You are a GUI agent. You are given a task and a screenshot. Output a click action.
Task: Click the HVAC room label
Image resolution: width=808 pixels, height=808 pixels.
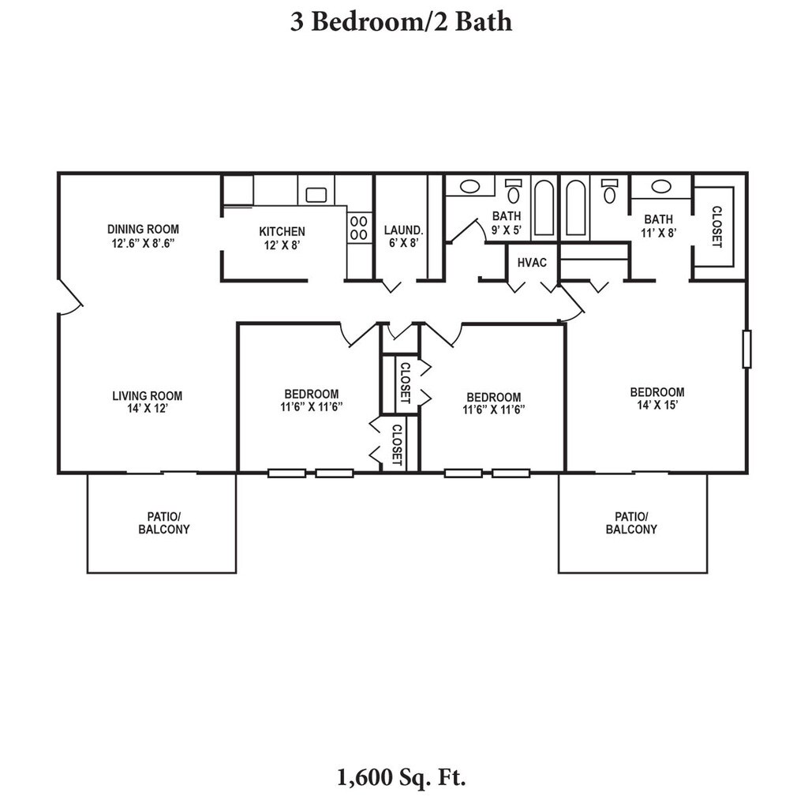[x=532, y=263]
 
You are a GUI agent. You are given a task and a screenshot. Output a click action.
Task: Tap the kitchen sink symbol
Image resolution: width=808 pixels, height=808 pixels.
[x=316, y=195]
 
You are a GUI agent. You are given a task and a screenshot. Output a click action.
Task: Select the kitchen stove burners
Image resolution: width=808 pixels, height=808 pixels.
[x=359, y=228]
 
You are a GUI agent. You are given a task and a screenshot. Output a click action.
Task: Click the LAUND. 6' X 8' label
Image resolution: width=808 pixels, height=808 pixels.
[x=403, y=237]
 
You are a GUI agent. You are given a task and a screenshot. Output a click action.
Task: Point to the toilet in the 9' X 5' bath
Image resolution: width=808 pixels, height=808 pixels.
[x=513, y=191]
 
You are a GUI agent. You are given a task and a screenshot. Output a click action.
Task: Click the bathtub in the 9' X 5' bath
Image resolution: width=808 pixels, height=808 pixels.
[x=544, y=208]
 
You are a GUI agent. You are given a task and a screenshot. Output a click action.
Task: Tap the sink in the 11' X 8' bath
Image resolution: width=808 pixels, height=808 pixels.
[x=661, y=186]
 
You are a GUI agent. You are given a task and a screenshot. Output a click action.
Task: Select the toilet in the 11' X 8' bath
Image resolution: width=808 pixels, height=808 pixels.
[x=610, y=191]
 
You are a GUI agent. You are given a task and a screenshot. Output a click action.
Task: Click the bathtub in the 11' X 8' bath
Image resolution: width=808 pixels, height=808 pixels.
[x=575, y=208]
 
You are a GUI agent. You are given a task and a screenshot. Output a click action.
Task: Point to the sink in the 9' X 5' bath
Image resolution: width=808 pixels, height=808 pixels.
[x=469, y=186]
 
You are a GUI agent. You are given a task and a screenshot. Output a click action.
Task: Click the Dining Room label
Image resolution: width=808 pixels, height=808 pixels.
[x=144, y=236]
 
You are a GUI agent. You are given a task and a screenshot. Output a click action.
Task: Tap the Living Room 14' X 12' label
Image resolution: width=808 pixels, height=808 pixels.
[x=148, y=402]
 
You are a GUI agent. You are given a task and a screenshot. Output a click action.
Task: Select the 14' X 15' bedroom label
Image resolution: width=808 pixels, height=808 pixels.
[x=657, y=398]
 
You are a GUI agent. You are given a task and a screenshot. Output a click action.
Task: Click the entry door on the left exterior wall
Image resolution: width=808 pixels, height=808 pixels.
[x=71, y=297]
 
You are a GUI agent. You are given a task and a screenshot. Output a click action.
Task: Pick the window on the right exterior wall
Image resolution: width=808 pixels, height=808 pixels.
[x=746, y=349]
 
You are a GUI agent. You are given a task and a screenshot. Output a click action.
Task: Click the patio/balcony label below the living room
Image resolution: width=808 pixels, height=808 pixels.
[x=164, y=522]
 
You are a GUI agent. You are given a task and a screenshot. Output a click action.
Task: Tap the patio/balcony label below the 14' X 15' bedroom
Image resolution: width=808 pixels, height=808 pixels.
[x=631, y=522]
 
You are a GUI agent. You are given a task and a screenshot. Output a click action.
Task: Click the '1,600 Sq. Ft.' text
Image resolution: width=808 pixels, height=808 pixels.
[x=402, y=777]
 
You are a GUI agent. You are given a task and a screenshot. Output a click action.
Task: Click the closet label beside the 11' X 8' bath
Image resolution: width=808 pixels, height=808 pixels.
[x=716, y=226]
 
